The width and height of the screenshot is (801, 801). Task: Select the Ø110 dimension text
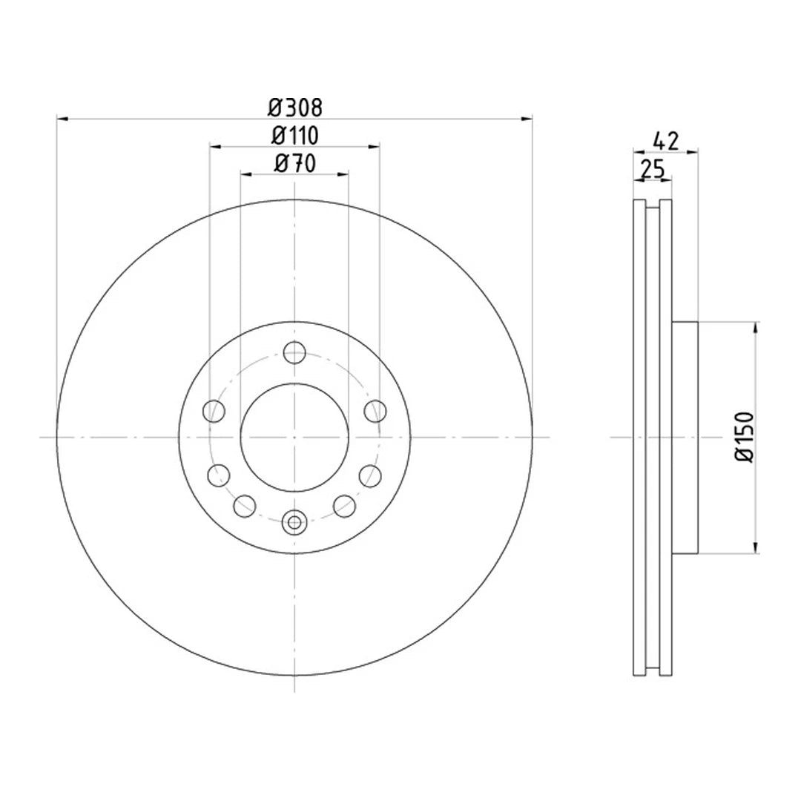(294, 136)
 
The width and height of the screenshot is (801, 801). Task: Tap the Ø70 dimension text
(294, 164)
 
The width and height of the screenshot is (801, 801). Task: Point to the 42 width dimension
(665, 141)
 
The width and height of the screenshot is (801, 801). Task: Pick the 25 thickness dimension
(652, 169)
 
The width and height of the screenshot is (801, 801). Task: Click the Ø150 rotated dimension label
(744, 438)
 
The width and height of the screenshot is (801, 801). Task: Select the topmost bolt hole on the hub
(294, 352)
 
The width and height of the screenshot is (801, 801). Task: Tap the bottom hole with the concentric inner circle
(294, 522)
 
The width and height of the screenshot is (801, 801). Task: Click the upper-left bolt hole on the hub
(214, 409)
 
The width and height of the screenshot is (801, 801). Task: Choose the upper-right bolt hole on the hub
(375, 409)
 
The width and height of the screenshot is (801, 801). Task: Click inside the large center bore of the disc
(294, 438)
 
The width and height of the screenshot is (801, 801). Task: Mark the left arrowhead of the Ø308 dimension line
(62, 118)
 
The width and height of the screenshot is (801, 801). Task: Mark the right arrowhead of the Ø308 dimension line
(527, 118)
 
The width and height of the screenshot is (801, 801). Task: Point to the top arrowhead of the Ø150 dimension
(756, 328)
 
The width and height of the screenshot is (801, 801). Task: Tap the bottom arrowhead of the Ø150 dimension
(756, 548)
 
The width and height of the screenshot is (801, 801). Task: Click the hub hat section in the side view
(685, 438)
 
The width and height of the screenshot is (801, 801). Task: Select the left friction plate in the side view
(639, 438)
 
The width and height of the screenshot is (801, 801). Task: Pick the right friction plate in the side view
(666, 438)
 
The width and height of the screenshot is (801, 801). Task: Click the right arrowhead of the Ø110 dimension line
(375, 146)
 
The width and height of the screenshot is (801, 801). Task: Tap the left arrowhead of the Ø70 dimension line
(245, 174)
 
